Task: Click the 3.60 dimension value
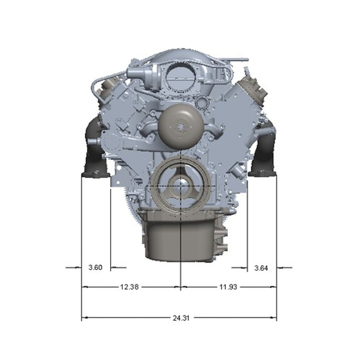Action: click(x=96, y=267)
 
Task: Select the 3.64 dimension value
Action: click(x=261, y=268)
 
